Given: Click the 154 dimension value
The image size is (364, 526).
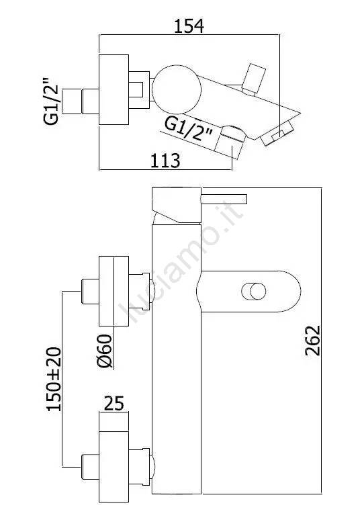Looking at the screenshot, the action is click(x=189, y=26).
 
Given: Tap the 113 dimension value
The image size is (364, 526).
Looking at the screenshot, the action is click(x=165, y=161).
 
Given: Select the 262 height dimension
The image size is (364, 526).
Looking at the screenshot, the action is click(x=313, y=340).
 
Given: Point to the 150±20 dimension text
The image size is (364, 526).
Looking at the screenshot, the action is click(x=54, y=379).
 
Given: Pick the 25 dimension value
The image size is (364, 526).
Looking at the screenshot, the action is click(x=114, y=403).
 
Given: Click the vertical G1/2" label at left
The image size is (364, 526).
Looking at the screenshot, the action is click(x=51, y=101).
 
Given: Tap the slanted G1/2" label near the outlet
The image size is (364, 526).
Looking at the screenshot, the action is click(x=189, y=130).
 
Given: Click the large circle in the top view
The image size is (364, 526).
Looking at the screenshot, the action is click(x=177, y=89).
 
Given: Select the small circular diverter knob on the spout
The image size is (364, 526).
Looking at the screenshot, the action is click(x=254, y=291).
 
